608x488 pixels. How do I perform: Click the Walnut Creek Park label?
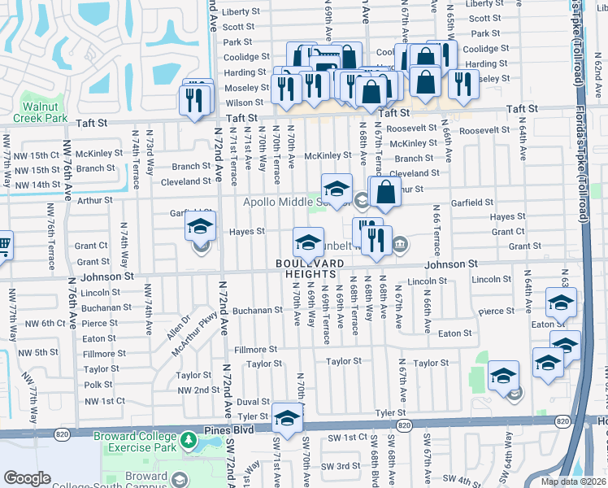tap(45, 112)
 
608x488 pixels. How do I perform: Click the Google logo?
tap(27, 478)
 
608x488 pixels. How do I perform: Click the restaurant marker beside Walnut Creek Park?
tap(194, 99)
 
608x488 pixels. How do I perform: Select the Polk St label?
tap(98, 385)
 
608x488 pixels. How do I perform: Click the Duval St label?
tap(253, 402)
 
